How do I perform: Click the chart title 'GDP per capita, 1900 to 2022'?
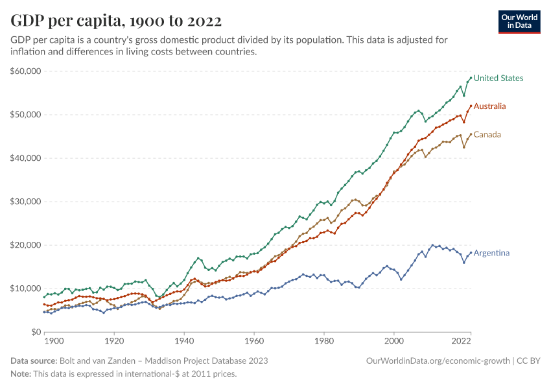click(116, 21)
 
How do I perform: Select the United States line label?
click(498, 78)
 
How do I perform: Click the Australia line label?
click(489, 106)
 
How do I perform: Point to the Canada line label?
click(487, 135)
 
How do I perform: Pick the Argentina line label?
click(491, 253)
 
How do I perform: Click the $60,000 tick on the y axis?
click(26, 71)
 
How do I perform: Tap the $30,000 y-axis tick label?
click(26, 202)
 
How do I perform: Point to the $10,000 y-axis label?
click(26, 289)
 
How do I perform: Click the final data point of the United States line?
click(471, 78)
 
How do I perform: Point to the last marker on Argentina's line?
click(471, 253)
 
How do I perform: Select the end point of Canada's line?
click(471, 134)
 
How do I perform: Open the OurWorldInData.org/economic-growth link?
click(438, 360)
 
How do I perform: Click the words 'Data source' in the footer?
click(33, 360)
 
